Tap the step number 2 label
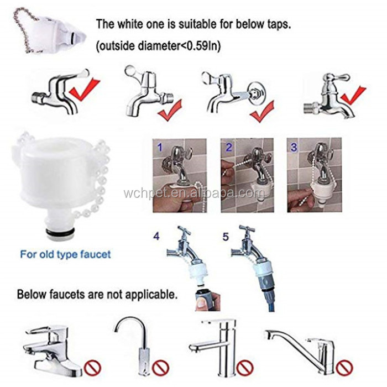(x=227, y=148)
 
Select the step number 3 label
(x=294, y=148)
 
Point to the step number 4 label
(x=156, y=236)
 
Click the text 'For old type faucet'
(x=66, y=254)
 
